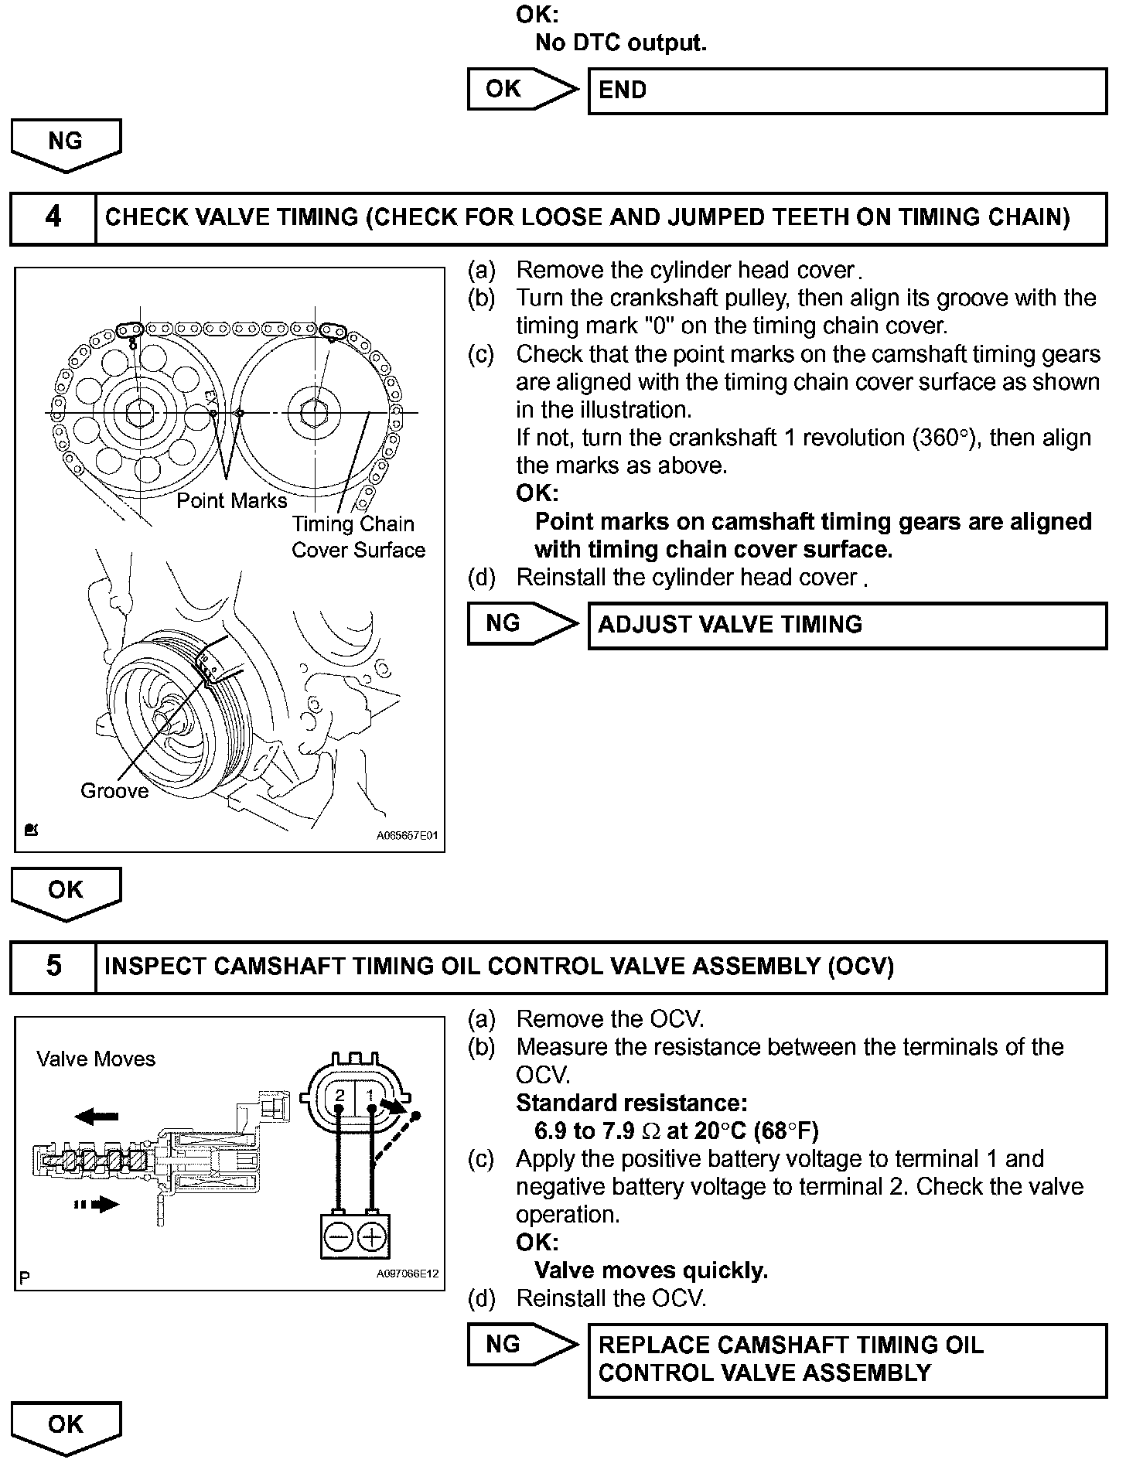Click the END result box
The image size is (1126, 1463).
(847, 91)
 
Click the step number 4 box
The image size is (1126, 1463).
(53, 218)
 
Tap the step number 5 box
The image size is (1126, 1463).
(53, 967)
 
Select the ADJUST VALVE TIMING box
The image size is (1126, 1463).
(847, 625)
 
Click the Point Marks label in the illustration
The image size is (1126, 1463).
(231, 501)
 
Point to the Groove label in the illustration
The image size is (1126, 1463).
(114, 791)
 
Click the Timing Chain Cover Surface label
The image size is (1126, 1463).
(358, 537)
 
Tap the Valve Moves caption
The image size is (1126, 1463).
(96, 1059)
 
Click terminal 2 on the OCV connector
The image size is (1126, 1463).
(340, 1095)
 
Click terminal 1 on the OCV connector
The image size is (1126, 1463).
(371, 1095)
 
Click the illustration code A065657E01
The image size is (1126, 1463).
(408, 836)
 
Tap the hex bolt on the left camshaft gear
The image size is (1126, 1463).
(139, 414)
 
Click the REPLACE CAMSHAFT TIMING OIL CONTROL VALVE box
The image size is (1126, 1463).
(847, 1359)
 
